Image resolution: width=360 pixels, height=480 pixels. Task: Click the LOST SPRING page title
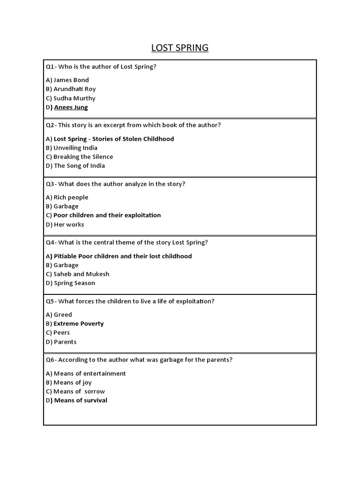[180, 48]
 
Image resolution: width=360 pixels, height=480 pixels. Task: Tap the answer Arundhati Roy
[75, 89]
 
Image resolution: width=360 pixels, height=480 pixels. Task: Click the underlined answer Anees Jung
[71, 107]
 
